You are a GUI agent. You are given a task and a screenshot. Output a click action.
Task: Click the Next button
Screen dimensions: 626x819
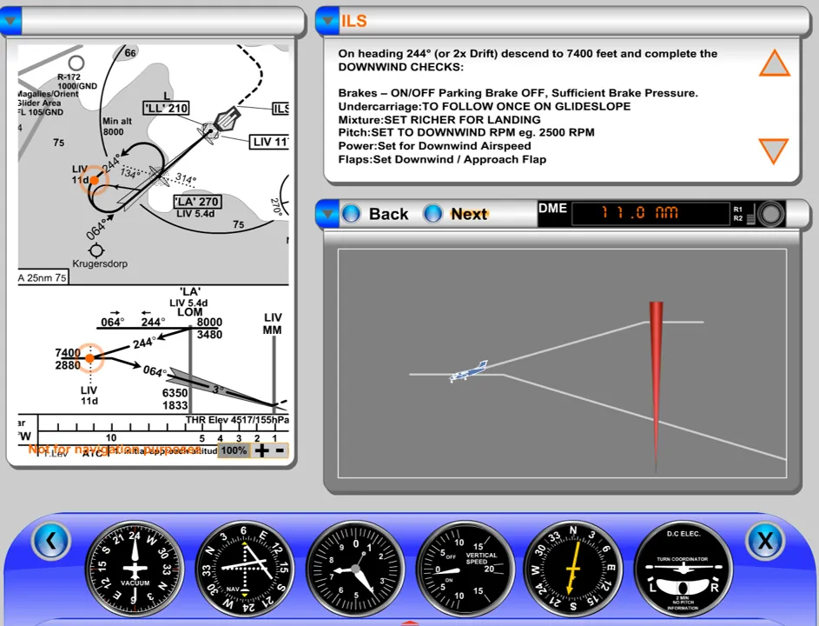(458, 214)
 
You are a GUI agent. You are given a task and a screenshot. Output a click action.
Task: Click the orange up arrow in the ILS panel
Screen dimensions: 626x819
(774, 63)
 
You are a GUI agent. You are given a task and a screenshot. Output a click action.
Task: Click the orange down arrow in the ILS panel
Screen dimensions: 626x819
(772, 150)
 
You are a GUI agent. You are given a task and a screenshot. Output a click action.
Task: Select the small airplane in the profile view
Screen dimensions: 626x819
(469, 371)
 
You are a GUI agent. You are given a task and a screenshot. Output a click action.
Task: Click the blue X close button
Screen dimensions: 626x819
(764, 541)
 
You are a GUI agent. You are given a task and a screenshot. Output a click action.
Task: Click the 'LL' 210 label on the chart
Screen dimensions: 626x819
(166, 108)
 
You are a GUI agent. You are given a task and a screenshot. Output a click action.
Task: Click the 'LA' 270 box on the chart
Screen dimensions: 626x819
(195, 202)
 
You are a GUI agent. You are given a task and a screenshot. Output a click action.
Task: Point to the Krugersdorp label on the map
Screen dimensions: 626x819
(99, 263)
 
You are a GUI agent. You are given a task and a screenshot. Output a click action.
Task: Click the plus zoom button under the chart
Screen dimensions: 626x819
(261, 450)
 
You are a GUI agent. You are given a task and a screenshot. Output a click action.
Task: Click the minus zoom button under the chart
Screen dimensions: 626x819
(280, 450)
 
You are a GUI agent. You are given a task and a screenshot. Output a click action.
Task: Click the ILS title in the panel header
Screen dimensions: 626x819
(354, 21)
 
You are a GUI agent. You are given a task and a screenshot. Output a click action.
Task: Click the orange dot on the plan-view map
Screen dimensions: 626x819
(94, 180)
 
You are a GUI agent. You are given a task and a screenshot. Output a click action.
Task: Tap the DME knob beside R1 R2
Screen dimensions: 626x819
(769, 214)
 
